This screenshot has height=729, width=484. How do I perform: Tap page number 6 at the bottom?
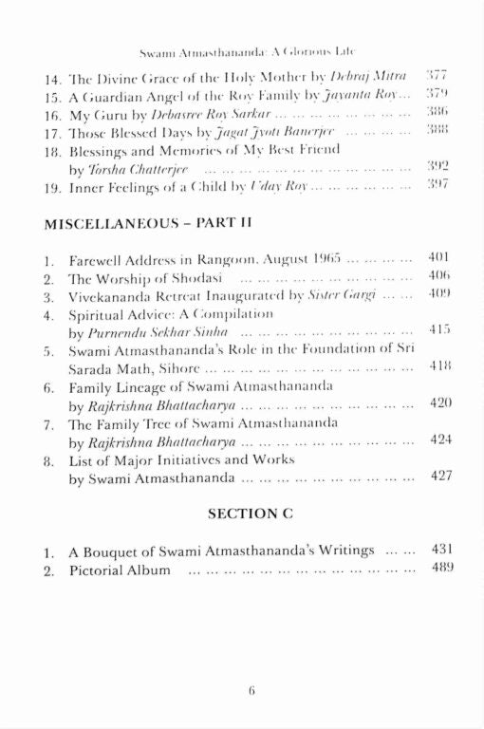252,691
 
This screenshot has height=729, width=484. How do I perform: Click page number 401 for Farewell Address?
439,258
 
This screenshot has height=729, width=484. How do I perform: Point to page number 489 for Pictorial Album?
439,569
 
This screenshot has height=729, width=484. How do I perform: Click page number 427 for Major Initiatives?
439,477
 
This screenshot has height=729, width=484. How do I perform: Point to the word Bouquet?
119,550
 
